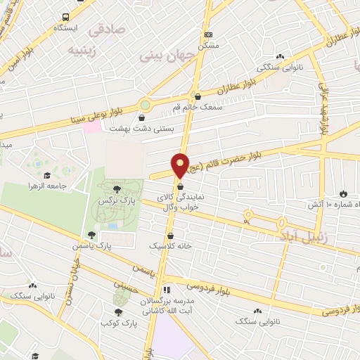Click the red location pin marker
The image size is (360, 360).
click(181, 165)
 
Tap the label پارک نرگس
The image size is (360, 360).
click(116, 201)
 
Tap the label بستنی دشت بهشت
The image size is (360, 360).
click(143, 129)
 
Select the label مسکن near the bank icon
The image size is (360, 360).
click(207, 44)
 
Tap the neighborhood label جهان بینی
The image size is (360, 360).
click(162, 55)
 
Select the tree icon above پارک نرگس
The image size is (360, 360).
click(116, 189)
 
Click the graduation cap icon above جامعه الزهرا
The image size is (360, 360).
click(47, 175)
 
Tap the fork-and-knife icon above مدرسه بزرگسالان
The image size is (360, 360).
click(167, 289)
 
